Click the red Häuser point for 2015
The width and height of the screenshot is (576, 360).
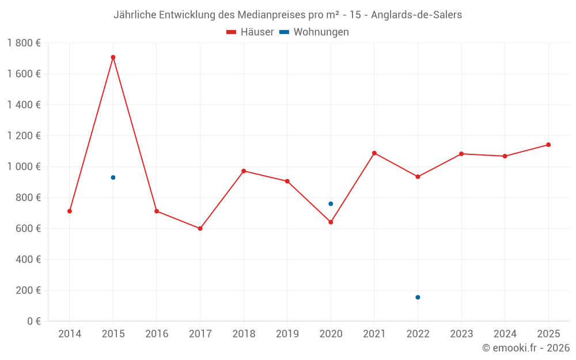(x=113, y=57)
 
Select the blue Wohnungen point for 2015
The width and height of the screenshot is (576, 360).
(x=113, y=177)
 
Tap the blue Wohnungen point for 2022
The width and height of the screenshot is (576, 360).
(x=418, y=297)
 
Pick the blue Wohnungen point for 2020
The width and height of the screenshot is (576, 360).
(x=331, y=204)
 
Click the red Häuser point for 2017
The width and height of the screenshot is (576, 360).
(x=200, y=229)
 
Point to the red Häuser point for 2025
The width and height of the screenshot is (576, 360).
(x=548, y=145)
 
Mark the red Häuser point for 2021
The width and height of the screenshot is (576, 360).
(x=374, y=153)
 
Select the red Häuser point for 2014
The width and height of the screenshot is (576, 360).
(x=70, y=211)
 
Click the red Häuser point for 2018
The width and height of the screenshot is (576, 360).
(x=244, y=171)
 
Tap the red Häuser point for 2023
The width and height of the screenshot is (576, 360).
(x=461, y=154)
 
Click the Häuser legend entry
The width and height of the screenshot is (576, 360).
(x=250, y=32)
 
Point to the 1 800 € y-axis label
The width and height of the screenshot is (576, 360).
(x=24, y=43)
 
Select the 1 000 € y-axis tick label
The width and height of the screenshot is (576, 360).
(x=24, y=167)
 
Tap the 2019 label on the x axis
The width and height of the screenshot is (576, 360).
(x=287, y=334)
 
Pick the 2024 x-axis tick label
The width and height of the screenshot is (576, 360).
(x=505, y=334)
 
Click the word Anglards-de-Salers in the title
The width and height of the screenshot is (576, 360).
(x=416, y=15)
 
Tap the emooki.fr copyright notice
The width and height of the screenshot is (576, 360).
(x=525, y=348)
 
